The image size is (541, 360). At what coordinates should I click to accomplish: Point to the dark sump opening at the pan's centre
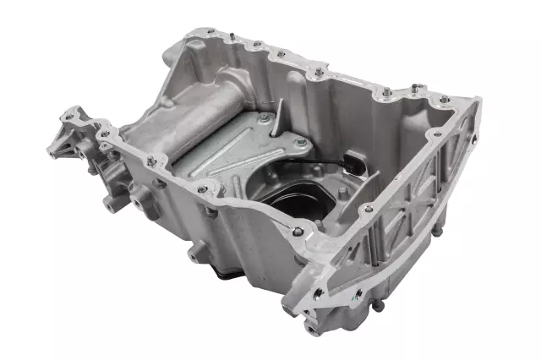(292, 207)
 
